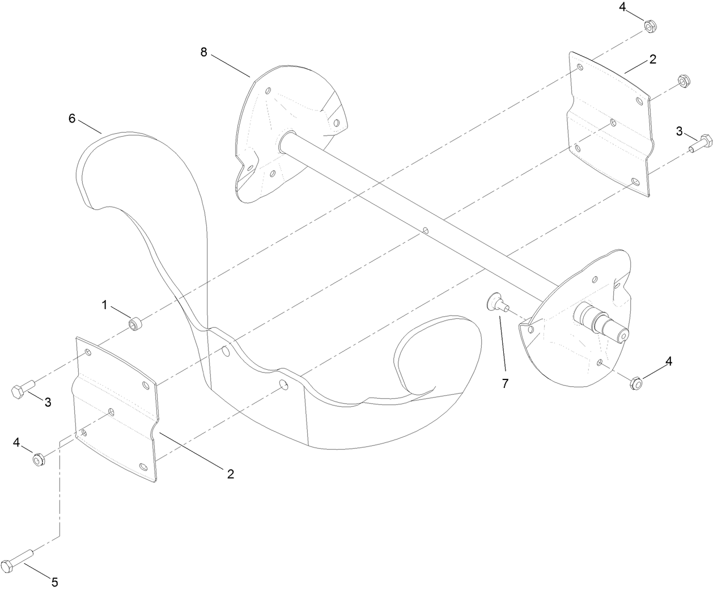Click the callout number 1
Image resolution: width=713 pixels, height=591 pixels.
pyautogui.click(x=105, y=305)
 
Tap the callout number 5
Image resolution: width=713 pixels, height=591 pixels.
pyautogui.click(x=54, y=582)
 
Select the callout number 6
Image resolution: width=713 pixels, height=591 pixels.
pyautogui.click(x=71, y=118)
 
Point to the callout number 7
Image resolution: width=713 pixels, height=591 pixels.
pyautogui.click(x=505, y=383)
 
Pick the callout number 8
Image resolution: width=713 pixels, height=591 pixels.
pyautogui.click(x=204, y=52)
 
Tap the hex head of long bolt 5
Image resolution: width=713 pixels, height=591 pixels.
pyautogui.click(x=9, y=567)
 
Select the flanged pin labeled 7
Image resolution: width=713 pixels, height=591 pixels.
pyautogui.click(x=494, y=301)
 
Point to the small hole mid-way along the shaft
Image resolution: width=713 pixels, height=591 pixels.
pyautogui.click(x=425, y=231)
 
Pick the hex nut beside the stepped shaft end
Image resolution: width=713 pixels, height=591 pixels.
pyautogui.click(x=635, y=383)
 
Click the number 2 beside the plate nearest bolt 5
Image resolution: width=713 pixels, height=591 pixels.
pyautogui.click(x=230, y=474)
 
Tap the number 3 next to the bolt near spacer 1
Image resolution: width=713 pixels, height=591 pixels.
pyautogui.click(x=48, y=403)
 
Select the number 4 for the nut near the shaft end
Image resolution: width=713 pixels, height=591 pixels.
pyautogui.click(x=669, y=361)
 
